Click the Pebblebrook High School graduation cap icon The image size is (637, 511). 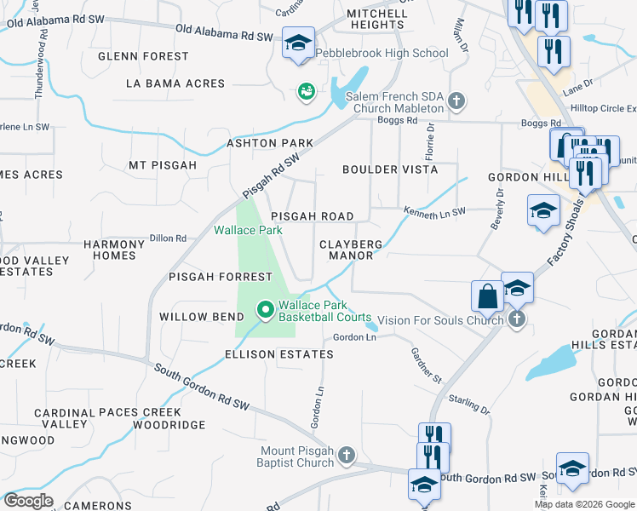point(299,43)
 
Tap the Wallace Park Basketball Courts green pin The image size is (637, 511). point(265,310)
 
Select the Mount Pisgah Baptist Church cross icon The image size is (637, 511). point(346,456)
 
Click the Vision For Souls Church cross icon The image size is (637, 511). point(516,319)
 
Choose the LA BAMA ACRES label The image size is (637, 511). point(175,83)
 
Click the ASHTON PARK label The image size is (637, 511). point(270,143)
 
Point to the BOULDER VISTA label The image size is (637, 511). point(390,169)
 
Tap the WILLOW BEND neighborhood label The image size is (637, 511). point(196,317)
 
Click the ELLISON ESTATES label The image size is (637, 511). point(278,354)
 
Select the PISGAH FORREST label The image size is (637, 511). point(221,277)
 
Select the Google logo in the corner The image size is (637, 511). point(28,501)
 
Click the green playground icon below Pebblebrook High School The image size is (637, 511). point(306,90)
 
